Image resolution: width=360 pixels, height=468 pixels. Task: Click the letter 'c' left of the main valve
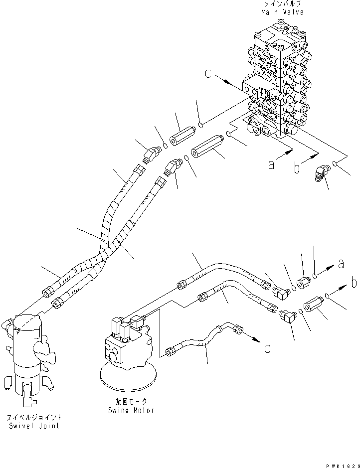(208, 75)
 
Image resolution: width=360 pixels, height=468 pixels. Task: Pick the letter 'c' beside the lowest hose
(268, 348)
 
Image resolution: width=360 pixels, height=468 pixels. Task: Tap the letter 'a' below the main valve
(272, 164)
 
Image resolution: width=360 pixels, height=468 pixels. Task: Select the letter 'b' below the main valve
(297, 168)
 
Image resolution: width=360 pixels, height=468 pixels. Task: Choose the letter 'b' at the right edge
(354, 283)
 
